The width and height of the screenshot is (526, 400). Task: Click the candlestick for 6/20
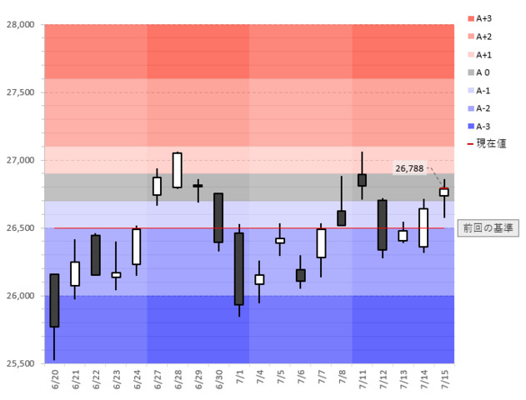pos(54,300)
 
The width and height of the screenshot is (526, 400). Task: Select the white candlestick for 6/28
pos(177,170)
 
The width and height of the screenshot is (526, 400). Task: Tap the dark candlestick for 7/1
pos(238,268)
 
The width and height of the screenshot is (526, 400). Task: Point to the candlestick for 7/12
pos(382,225)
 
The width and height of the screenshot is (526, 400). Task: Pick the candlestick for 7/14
pos(423,227)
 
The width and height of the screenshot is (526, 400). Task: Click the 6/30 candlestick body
pos(218,217)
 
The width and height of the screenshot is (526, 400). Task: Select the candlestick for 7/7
pos(321,243)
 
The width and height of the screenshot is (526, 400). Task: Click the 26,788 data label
pos(409,168)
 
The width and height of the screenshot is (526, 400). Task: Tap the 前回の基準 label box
pos(488,227)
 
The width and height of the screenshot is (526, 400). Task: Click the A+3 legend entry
pos(488,18)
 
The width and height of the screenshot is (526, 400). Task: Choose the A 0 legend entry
pos(487,72)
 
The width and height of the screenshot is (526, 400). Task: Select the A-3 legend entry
pos(488,126)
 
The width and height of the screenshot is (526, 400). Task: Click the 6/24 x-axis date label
pos(136,381)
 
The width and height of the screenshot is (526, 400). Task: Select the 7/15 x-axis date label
pos(443,381)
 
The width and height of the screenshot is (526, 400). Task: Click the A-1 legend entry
pos(488,90)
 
